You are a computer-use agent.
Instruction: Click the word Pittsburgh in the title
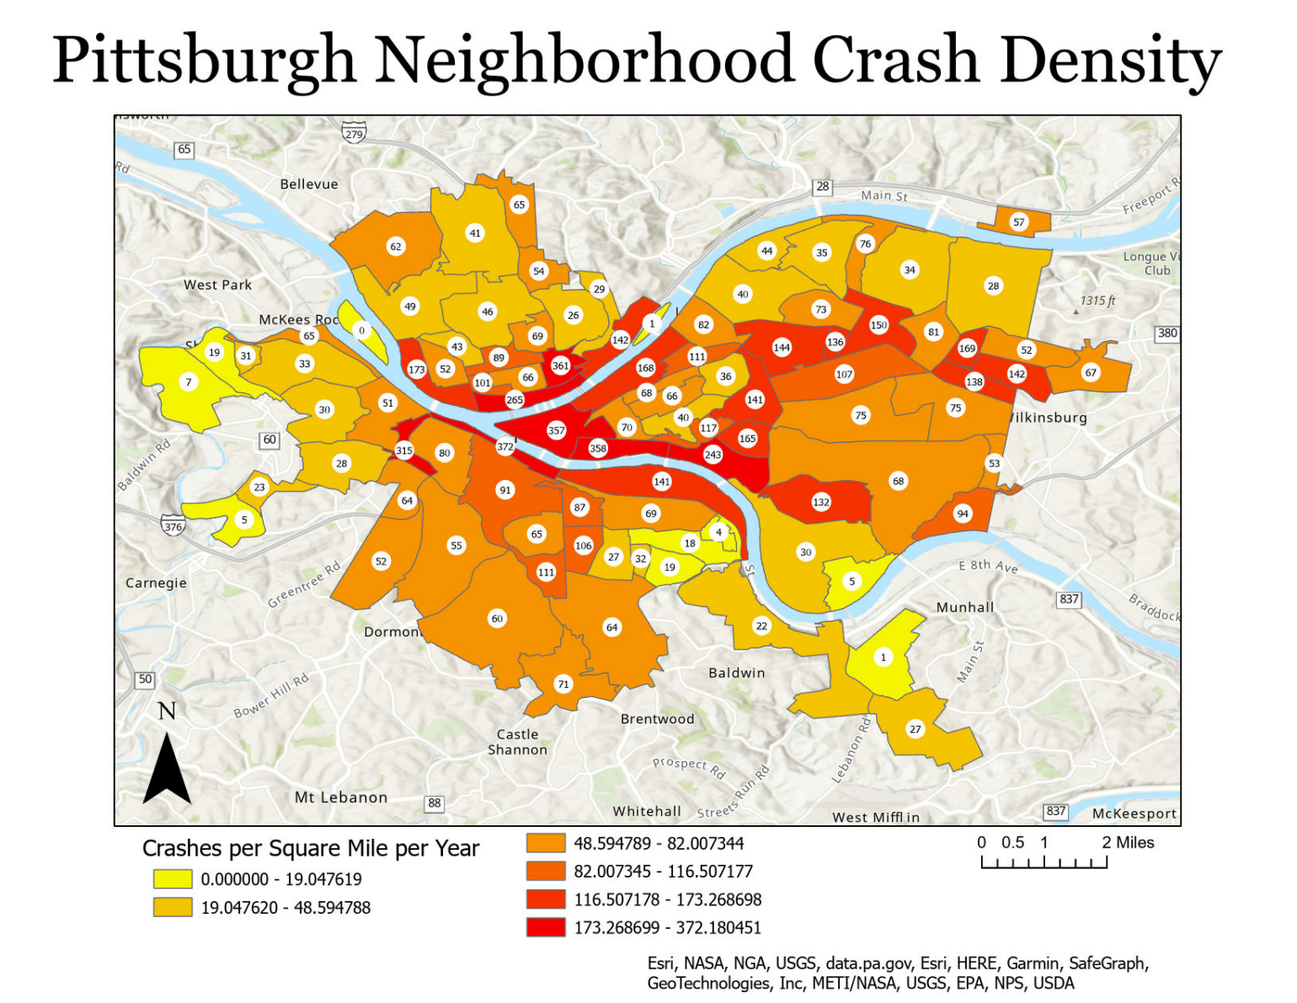(204, 61)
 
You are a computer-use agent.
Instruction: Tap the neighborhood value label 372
(504, 446)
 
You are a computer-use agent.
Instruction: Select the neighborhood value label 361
(560, 365)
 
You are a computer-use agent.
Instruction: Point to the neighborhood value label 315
(404, 451)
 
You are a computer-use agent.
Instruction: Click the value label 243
(713, 455)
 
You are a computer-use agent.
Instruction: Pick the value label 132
(821, 502)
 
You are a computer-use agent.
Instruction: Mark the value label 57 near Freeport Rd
(1019, 222)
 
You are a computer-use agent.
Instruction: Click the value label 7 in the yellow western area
(189, 382)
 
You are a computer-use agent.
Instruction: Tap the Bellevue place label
(309, 184)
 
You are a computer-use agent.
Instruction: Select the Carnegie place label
(156, 583)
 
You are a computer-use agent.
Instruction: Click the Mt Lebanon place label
(341, 798)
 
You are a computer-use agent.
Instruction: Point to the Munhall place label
(965, 607)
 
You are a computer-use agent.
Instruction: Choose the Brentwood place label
(657, 719)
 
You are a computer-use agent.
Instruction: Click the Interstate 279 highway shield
(354, 134)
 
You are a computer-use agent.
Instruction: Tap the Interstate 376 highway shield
(173, 526)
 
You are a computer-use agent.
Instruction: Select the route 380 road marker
(1166, 333)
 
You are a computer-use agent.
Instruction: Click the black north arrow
(167, 768)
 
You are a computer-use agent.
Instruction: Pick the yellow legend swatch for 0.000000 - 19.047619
(173, 879)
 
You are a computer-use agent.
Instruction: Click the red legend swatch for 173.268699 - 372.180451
(546, 927)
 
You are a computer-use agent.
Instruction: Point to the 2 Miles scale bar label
(1128, 843)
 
